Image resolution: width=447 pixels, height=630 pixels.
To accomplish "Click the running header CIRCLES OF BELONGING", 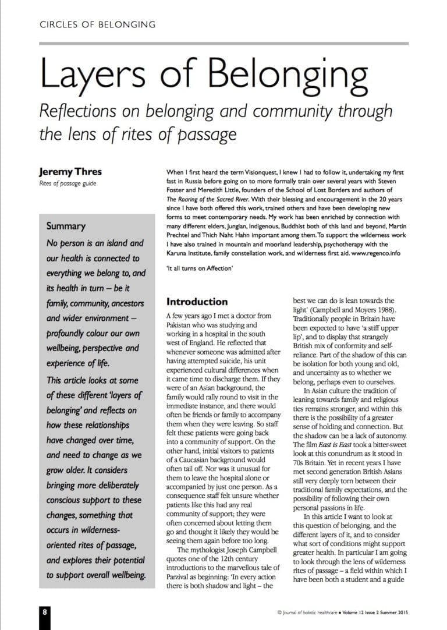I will coord(97,24).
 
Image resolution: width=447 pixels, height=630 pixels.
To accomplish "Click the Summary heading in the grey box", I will coord(66,226).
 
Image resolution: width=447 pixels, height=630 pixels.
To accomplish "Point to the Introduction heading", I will coord(197,302).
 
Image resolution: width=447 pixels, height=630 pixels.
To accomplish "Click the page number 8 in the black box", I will coord(45,612).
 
